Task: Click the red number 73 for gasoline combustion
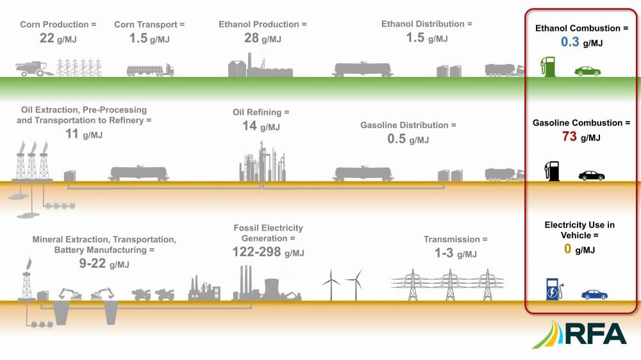coord(569,136)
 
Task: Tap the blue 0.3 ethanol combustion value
coord(570,42)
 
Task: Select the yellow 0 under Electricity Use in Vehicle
coord(567,249)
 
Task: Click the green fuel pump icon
coord(548,67)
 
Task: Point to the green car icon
coord(587,71)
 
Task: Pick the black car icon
coord(592,176)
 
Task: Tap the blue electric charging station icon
coord(554,290)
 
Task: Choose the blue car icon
coord(594,294)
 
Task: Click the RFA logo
coord(579,334)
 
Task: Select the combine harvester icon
coord(35,69)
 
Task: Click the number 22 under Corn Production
coord(47,38)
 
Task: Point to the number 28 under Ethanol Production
coord(251,38)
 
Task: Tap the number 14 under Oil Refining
coord(249,126)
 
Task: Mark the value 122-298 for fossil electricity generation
coord(257,252)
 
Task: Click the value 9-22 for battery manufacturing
coord(92,263)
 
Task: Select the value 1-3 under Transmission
coord(444,253)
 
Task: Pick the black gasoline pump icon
coord(552,171)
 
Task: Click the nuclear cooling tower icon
coord(272,289)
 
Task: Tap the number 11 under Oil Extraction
coord(72,134)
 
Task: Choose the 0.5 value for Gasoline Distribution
coord(397,139)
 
